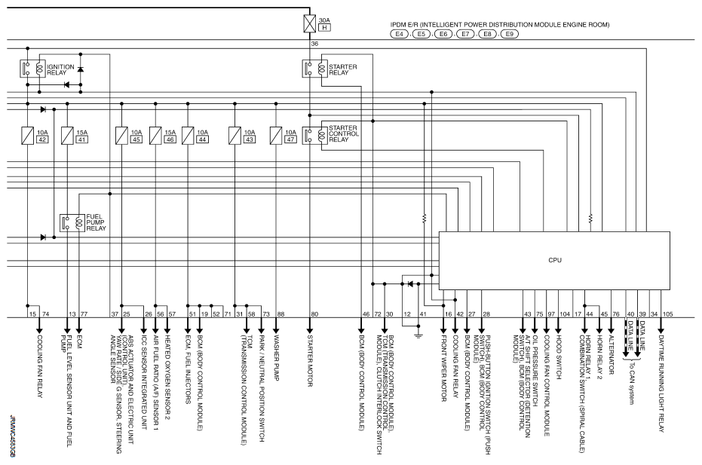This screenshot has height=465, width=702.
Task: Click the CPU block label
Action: (554, 260)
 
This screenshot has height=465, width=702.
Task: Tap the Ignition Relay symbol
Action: (35, 69)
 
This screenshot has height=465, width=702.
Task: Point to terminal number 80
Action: (314, 313)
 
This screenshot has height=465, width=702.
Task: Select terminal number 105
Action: (667, 313)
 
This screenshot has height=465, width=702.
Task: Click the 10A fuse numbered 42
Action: (27, 136)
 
